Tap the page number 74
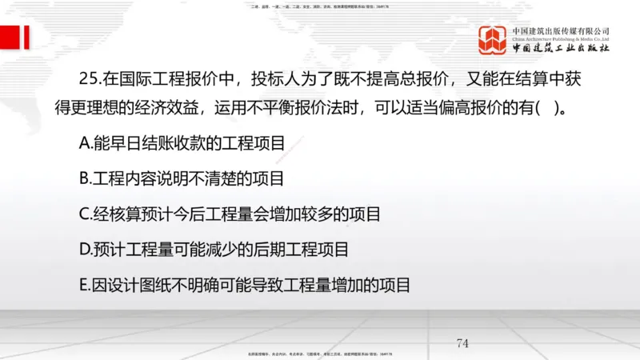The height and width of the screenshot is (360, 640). tap(462, 343)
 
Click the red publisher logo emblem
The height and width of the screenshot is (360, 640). tap(493, 41)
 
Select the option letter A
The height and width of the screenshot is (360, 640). tap(86, 145)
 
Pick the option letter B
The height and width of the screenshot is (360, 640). tap(85, 179)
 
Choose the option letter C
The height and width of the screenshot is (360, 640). tap(85, 214)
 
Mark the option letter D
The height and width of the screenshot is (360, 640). tap(86, 250)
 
